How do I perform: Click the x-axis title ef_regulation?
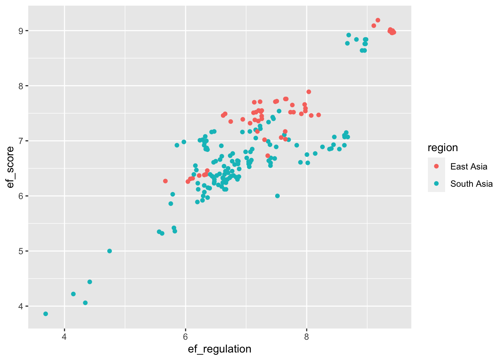click(x=219, y=349)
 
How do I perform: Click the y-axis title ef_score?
click(x=10, y=167)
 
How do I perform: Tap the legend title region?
click(x=442, y=148)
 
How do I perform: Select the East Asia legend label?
click(x=469, y=166)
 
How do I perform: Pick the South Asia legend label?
click(x=471, y=184)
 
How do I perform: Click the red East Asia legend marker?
click(x=436, y=166)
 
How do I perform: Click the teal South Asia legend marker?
click(x=436, y=184)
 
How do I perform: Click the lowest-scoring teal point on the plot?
click(x=46, y=314)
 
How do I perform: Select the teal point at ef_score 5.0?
click(x=109, y=251)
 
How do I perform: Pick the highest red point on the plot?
click(x=378, y=20)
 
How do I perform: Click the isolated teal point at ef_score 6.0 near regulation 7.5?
click(x=277, y=196)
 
